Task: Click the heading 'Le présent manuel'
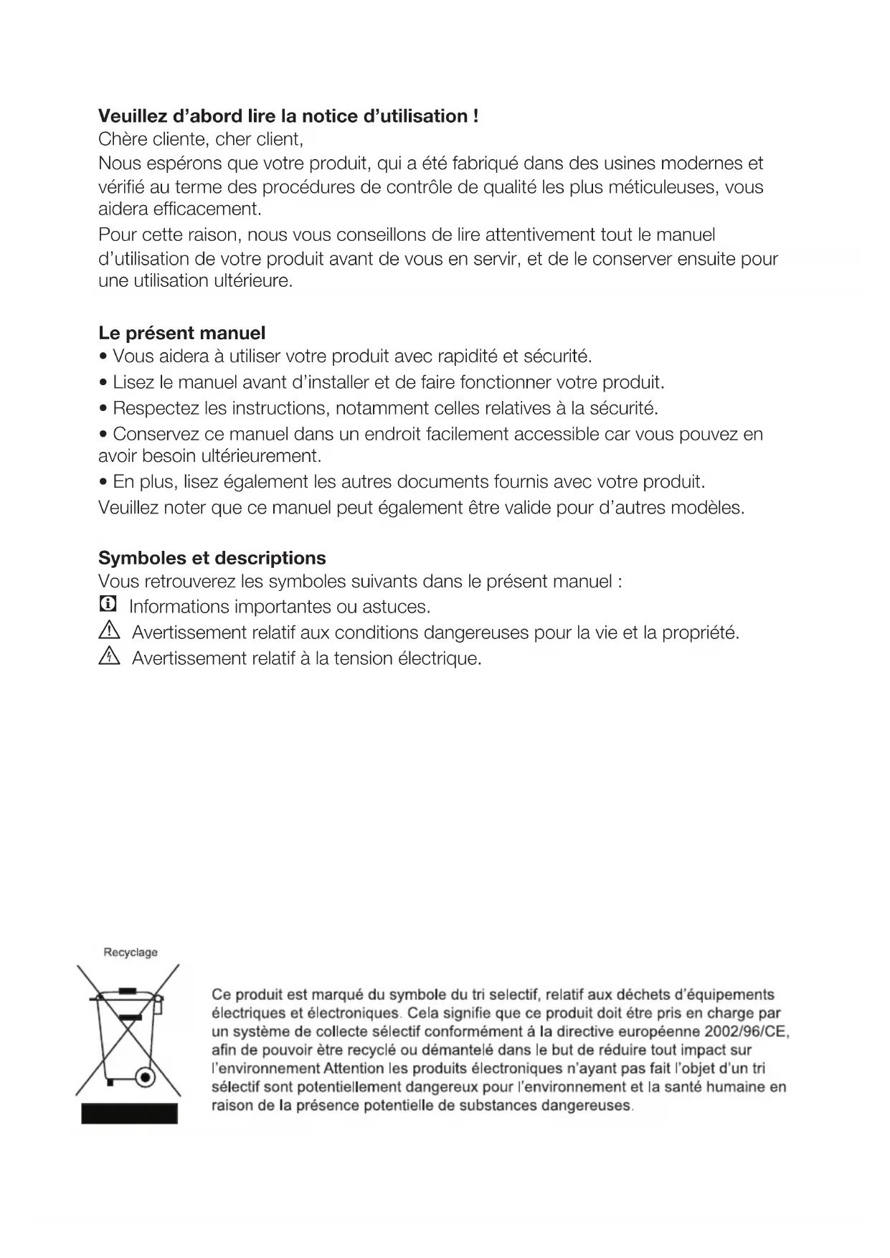[181, 333]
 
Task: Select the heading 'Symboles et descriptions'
[212, 558]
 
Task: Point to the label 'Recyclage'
[131, 952]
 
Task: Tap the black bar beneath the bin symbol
[129, 1113]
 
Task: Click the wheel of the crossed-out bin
[146, 1078]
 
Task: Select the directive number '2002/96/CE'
[746, 1032]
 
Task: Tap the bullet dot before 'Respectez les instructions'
[105, 410]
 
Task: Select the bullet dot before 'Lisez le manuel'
[105, 383]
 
